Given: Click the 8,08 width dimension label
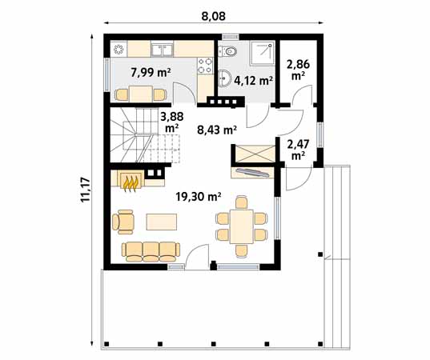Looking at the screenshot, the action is pyautogui.click(x=213, y=16).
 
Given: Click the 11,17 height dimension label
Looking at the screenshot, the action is pyautogui.click(x=86, y=190).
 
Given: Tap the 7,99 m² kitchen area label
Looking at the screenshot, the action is pyautogui.click(x=151, y=73).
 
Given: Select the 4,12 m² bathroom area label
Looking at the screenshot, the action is pyautogui.click(x=253, y=80).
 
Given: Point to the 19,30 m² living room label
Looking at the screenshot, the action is pyautogui.click(x=199, y=196).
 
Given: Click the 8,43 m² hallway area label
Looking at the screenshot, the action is pyautogui.click(x=217, y=130).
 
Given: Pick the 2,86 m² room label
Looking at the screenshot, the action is pyautogui.click(x=298, y=70).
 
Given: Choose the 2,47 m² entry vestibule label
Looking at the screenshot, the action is pyautogui.click(x=298, y=150).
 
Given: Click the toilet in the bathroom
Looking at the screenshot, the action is pyautogui.click(x=228, y=51).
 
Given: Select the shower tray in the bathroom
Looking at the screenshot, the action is pyautogui.click(x=262, y=53).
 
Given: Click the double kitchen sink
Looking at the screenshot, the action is pyautogui.click(x=162, y=50).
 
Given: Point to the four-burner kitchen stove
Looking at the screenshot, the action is pyautogui.click(x=205, y=66).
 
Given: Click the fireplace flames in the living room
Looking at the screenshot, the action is pyautogui.click(x=131, y=183).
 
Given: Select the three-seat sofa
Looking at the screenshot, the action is pyautogui.click(x=151, y=251).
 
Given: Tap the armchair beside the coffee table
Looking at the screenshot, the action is pyautogui.click(x=123, y=222).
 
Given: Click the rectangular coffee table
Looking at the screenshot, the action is pyautogui.click(x=162, y=222).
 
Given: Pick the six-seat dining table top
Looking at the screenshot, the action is pyautogui.click(x=241, y=226).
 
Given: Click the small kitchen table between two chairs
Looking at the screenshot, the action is pyautogui.click(x=141, y=94).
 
